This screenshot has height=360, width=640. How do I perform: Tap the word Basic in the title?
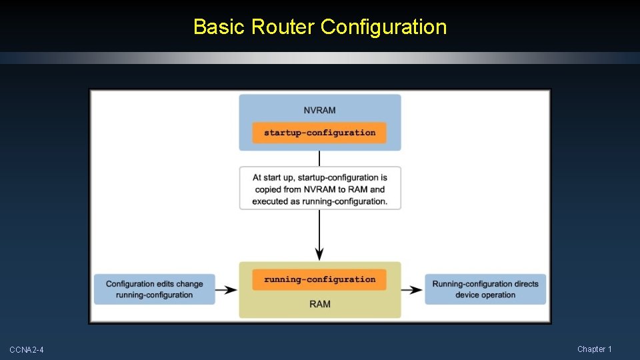[x=220, y=27]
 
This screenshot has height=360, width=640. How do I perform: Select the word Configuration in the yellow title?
[x=383, y=27]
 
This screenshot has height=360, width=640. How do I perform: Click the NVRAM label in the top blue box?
[x=320, y=110]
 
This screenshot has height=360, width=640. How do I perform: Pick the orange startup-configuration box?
[x=319, y=133]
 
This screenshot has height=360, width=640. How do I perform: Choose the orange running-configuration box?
[x=319, y=279]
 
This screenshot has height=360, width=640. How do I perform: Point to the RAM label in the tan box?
[x=320, y=304]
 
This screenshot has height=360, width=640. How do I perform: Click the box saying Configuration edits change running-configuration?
[x=154, y=289]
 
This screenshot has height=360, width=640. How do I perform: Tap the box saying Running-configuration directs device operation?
[x=485, y=289]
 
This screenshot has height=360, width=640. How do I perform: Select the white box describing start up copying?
[x=320, y=189]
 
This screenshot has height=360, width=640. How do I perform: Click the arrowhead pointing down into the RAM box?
[x=320, y=254]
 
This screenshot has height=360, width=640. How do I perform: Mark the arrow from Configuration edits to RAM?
[x=228, y=289]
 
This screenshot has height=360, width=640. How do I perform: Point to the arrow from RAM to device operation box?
[x=413, y=289]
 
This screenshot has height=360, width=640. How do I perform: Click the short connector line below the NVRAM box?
[x=320, y=159]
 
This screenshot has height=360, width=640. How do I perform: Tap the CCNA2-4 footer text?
[x=27, y=350]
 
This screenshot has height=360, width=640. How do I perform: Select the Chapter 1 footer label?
[x=594, y=349]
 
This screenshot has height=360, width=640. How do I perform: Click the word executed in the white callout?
[x=270, y=201]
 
